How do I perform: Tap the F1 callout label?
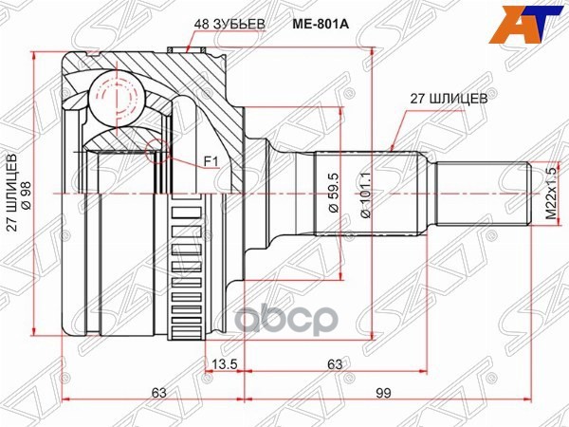[x=211, y=162]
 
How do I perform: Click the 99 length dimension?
[x=384, y=393]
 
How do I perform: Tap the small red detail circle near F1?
[x=157, y=147]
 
